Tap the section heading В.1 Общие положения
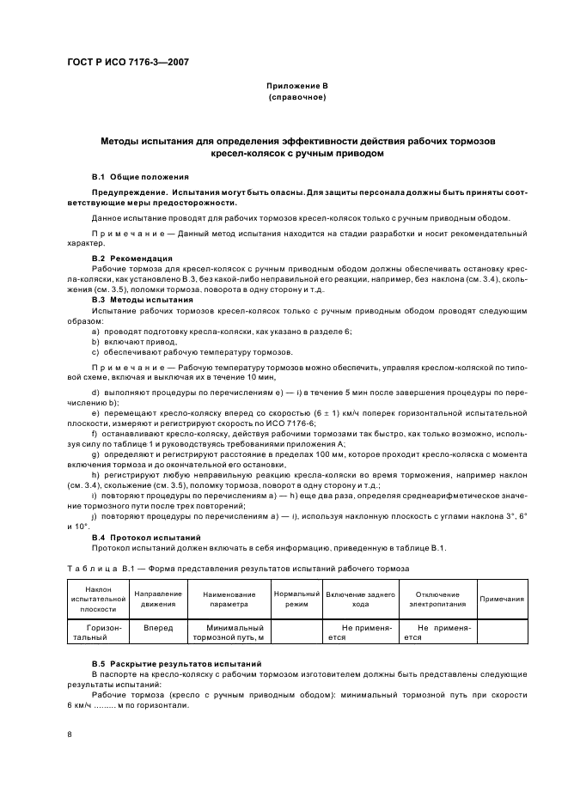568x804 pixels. pyautogui.click(x=140, y=175)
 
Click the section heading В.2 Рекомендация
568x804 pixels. pyautogui.click(x=131, y=258)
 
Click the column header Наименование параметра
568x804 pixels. pyautogui.click(x=228, y=599)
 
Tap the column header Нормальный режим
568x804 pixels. pyautogui.click(x=296, y=599)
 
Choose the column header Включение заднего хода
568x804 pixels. pyautogui.click(x=360, y=599)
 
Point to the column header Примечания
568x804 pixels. pyautogui.click(x=502, y=599)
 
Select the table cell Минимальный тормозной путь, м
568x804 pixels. pyautogui.click(x=228, y=633)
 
